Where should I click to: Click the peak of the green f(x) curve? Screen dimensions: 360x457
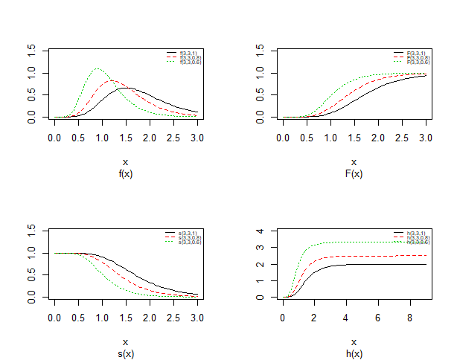coord(98,69)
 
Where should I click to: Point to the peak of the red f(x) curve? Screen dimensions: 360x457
coord(112,80)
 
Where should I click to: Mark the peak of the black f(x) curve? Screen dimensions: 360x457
coord(127,88)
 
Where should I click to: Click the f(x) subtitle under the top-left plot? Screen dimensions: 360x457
coord(125,173)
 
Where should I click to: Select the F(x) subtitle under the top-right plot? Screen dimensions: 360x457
coord(354,173)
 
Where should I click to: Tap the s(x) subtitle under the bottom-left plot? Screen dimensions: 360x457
coord(125,354)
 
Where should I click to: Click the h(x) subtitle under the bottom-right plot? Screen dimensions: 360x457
coord(354,354)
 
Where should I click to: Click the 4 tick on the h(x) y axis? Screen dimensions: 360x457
coord(260,231)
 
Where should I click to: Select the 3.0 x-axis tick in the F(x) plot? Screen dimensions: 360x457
coord(426,138)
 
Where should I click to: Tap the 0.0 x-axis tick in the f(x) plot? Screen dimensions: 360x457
coord(54,138)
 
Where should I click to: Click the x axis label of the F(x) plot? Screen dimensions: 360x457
coord(354,161)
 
